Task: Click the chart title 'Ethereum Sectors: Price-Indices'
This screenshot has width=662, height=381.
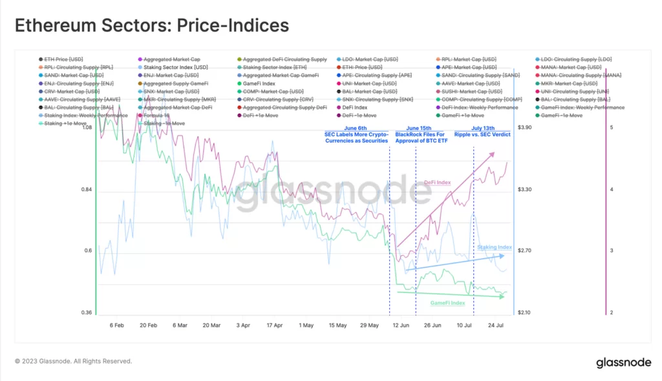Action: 151,26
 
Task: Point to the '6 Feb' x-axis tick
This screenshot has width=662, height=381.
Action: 117,325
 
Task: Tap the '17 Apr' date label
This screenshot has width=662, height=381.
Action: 275,325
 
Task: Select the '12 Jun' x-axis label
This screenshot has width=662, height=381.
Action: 401,325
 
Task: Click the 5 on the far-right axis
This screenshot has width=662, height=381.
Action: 612,128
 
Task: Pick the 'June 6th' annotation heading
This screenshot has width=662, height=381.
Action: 356,129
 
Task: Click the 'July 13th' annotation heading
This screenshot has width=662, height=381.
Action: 484,129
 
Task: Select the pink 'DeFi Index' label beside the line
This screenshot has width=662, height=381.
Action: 437,183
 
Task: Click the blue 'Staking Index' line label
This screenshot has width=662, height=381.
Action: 495,247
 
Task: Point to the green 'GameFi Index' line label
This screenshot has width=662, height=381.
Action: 447,303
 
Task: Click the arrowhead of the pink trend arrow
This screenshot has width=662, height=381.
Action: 493,154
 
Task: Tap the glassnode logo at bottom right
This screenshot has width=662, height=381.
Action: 621,362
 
